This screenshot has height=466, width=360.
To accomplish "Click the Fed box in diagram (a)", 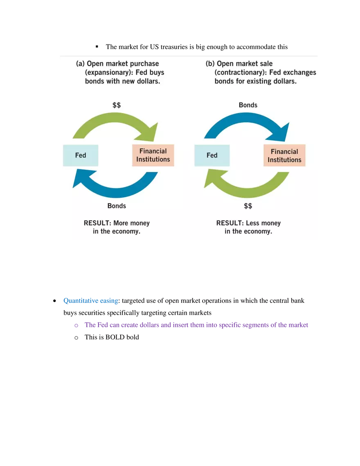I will pos(81,155).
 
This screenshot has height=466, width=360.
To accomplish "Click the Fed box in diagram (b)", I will pos(212,155).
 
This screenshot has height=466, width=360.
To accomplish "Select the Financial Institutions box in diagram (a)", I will pos(153,155).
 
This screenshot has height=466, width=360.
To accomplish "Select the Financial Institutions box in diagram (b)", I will pos(284,155).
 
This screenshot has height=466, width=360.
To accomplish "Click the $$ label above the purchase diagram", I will pos(117,105).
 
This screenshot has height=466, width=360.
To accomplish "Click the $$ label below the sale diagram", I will pos(248,206).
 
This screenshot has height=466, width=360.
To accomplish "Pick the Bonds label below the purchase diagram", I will pos(117,206).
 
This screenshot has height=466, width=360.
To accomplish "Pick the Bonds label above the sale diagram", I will pos(248,105).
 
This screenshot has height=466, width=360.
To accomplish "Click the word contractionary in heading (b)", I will pos(242,72).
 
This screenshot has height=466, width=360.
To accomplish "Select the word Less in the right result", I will pos(253,223).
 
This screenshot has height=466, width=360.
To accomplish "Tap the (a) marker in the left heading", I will pos(81,64).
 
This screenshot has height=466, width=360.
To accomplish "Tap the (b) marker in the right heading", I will pos(210,64).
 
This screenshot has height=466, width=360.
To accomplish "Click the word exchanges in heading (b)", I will pos(300,72).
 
